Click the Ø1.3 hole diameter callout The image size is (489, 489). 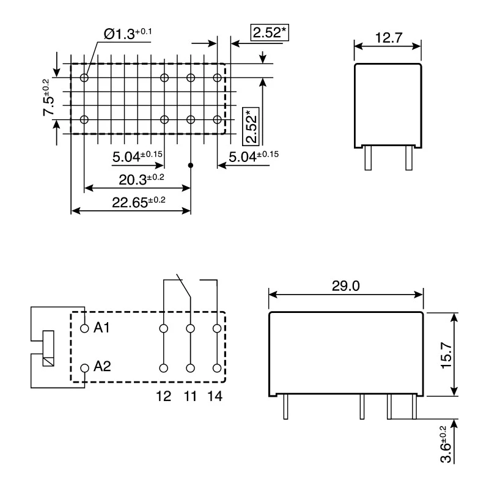[x=128, y=33]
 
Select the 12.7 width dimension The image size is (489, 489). [x=389, y=38]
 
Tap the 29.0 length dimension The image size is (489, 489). [x=345, y=285]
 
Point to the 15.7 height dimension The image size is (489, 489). [x=446, y=355]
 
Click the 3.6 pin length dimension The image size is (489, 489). [x=446, y=444]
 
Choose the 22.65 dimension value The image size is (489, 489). [x=139, y=202]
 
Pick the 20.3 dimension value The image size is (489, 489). [x=141, y=179]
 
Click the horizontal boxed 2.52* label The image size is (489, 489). [x=270, y=32]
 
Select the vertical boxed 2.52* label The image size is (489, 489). [x=251, y=127]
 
